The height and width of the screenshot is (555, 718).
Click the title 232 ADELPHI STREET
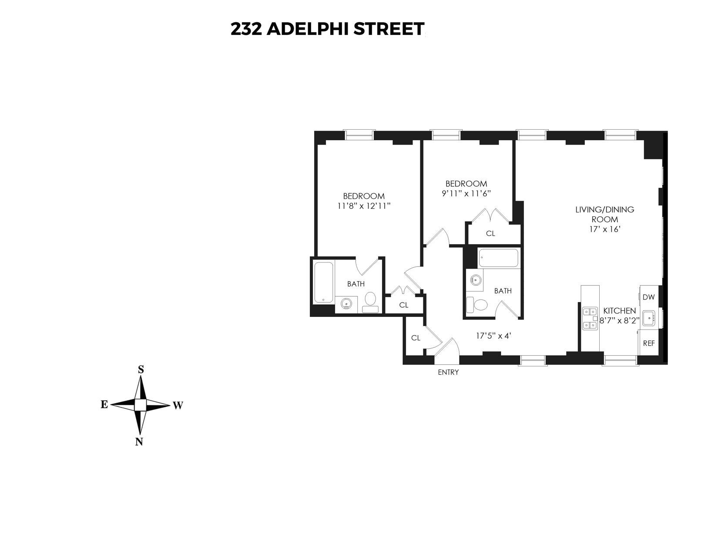(x=327, y=29)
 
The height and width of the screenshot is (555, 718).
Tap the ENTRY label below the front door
(x=448, y=372)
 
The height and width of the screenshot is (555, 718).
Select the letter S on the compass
(x=141, y=370)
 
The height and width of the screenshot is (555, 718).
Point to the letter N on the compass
(x=139, y=442)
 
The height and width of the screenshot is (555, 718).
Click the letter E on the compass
(x=104, y=405)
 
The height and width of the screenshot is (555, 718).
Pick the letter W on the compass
(x=178, y=406)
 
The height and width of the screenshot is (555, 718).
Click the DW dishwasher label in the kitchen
(x=648, y=297)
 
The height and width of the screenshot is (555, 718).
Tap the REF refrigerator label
(x=649, y=343)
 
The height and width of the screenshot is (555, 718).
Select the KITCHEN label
(x=620, y=311)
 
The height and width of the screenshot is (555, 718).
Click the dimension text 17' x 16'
(x=604, y=229)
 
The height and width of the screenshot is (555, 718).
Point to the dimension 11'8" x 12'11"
(x=364, y=206)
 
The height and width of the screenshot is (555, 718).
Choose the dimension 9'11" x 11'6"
(x=466, y=193)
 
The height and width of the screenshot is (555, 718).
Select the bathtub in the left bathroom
(x=324, y=282)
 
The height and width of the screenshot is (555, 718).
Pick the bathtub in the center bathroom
(x=498, y=258)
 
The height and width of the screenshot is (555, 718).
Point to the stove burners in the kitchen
(x=590, y=318)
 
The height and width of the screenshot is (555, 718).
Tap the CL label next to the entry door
(x=416, y=338)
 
